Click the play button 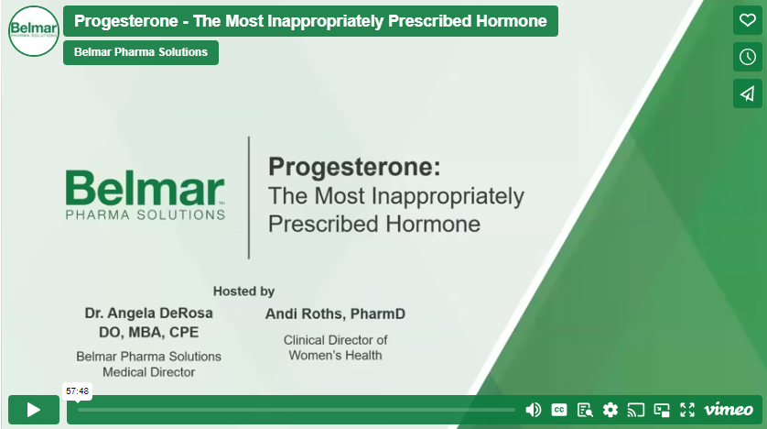[34, 410]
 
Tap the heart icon [747, 20]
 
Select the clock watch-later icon [747, 57]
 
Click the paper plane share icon [747, 93]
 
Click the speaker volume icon [534, 410]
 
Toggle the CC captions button [559, 410]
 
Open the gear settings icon [610, 410]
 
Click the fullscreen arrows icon [687, 410]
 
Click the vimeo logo [729, 410]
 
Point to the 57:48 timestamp [77, 390]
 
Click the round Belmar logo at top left [34, 31]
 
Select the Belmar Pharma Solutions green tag [141, 52]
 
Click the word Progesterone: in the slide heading [354, 167]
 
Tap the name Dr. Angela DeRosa [148, 313]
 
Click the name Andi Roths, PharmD [335, 313]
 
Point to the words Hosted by [243, 291]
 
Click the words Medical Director [148, 372]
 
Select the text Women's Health [335, 356]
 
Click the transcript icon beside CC [585, 410]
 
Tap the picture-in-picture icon [662, 410]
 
